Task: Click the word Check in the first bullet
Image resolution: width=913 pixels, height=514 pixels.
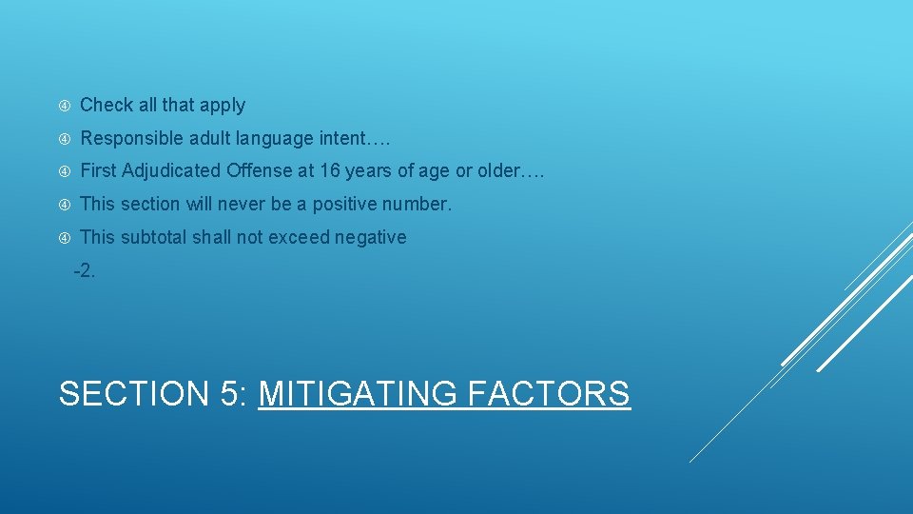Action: pos(105,106)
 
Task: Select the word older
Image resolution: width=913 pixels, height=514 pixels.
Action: pos(500,171)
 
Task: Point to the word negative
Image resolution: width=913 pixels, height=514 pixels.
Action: pos(370,238)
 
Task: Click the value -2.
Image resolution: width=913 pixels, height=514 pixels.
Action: pos(85,270)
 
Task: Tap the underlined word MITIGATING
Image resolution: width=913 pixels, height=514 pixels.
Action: pos(357,393)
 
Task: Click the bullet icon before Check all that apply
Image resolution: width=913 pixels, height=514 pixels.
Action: pos(64,106)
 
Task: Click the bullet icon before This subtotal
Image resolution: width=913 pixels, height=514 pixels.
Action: pos(64,238)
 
